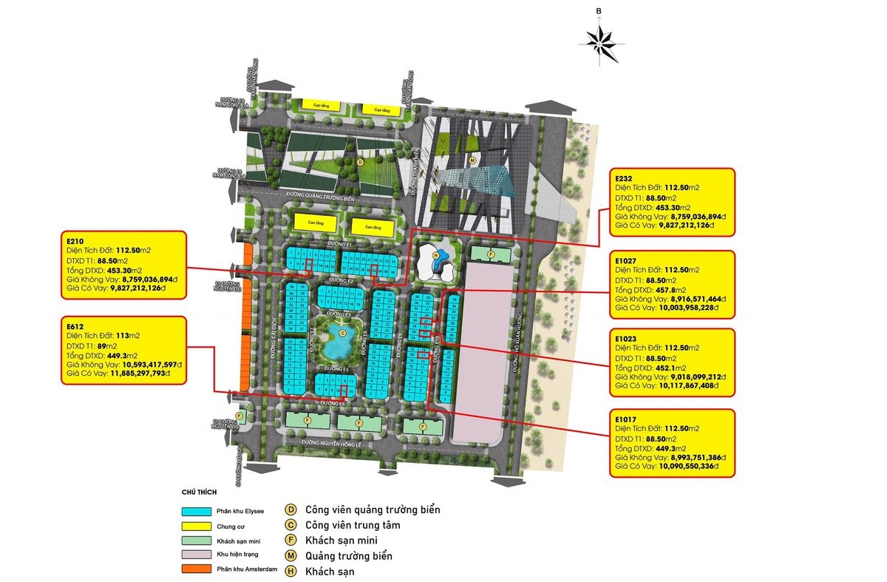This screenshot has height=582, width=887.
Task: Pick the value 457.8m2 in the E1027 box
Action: pos(666,290)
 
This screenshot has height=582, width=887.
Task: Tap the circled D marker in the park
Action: pos(360,160)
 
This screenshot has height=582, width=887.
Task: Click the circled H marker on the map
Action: pos(436,256)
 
